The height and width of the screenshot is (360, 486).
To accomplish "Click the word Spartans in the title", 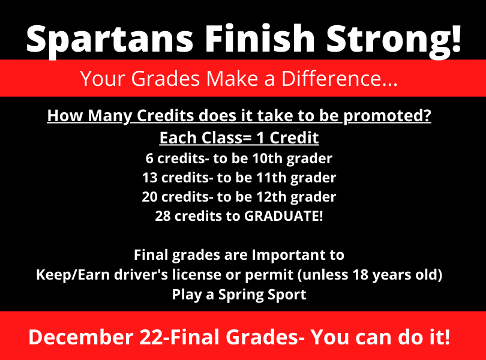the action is (110, 40).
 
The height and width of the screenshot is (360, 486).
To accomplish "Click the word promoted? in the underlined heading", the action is (387, 116).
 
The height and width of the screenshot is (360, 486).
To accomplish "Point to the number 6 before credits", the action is (149, 158).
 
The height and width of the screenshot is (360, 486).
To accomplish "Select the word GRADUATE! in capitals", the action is (284, 216).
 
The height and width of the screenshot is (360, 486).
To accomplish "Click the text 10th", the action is (268, 158).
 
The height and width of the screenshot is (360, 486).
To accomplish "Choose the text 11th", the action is (271, 178).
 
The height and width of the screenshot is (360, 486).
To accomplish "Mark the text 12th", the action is (271, 197).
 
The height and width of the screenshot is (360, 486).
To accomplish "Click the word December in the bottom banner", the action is (81, 337).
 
